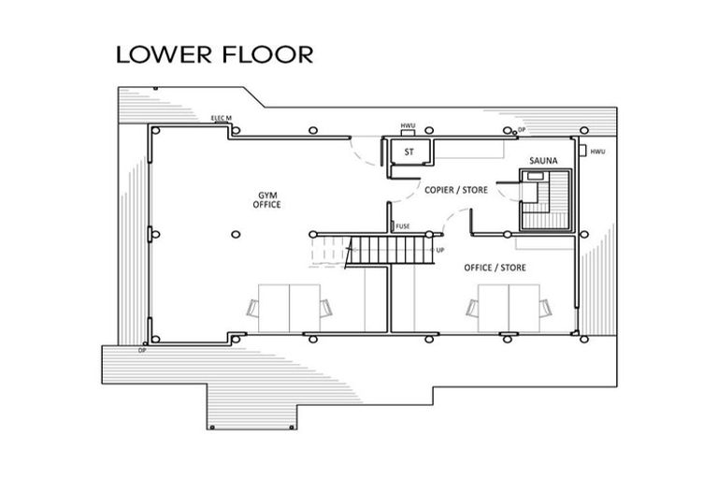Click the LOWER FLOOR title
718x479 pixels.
[214, 53]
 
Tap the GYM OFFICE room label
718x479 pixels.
[268, 199]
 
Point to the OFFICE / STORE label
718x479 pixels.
[495, 269]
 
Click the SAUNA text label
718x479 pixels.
[543, 162]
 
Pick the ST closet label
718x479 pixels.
[409, 152]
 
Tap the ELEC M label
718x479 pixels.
[222, 118]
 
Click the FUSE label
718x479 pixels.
[403, 226]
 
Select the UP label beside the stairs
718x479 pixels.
[439, 251]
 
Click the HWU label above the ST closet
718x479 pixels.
[408, 125]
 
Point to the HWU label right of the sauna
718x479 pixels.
[598, 152]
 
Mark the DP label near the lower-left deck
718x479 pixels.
[142, 350]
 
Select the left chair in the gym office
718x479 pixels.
[252, 308]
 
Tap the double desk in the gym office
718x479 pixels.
[289, 307]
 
